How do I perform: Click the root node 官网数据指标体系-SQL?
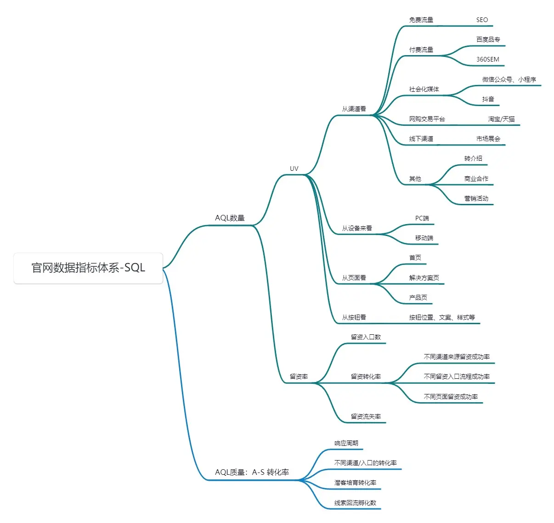(x=88, y=268)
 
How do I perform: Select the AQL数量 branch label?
(x=230, y=218)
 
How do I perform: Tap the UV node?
(x=294, y=169)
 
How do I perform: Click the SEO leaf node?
(x=482, y=20)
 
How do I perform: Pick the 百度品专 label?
(x=488, y=39)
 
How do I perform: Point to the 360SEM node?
(x=487, y=59)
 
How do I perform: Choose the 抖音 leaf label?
(x=488, y=99)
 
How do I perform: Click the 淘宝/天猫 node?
(x=501, y=119)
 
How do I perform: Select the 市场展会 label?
(x=488, y=139)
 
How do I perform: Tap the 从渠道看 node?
(x=354, y=109)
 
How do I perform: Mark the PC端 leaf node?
(x=422, y=218)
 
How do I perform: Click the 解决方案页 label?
(x=424, y=278)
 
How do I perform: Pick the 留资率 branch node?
(x=299, y=377)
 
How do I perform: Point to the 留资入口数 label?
(x=366, y=337)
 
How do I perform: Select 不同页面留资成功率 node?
(x=451, y=397)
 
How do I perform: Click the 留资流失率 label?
(x=366, y=416)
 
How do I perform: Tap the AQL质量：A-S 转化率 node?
(x=252, y=472)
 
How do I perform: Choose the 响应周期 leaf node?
(x=346, y=443)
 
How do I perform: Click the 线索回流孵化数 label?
(x=355, y=503)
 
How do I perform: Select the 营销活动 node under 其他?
(x=476, y=198)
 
